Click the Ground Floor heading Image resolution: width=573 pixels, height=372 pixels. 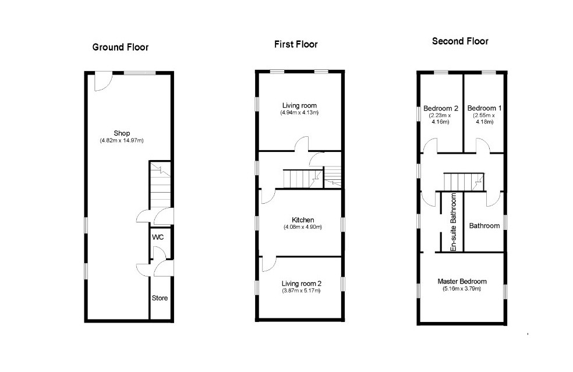pos(120,47)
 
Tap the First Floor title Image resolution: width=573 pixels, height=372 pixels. pos(296,44)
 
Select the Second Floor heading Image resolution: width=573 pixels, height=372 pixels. pos(460,41)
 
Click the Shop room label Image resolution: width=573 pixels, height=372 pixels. pos(122,133)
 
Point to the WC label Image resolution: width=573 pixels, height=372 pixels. pos(158,237)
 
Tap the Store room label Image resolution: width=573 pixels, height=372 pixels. pos(160,298)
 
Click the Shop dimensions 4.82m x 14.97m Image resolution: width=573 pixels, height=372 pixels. pos(122,140)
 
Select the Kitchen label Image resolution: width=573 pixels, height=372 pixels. pos(303,219)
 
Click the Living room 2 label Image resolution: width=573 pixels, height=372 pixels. pos(302,283)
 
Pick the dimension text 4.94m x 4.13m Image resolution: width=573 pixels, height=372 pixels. pos(300,112)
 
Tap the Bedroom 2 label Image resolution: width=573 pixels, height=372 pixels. pos(441,108)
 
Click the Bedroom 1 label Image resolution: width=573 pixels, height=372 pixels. pos(484,108)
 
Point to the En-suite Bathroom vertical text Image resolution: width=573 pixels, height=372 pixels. pos(454,222)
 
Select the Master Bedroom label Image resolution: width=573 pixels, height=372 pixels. pos(462,281)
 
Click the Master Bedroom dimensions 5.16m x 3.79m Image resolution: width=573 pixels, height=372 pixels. pos(462,289)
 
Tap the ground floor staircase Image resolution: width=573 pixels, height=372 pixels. pos(160,185)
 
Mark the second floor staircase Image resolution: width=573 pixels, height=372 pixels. pos(464,182)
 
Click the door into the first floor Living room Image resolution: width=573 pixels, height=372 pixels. pos(302,144)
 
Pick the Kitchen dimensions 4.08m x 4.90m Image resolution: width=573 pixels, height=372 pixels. pos(303,227)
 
